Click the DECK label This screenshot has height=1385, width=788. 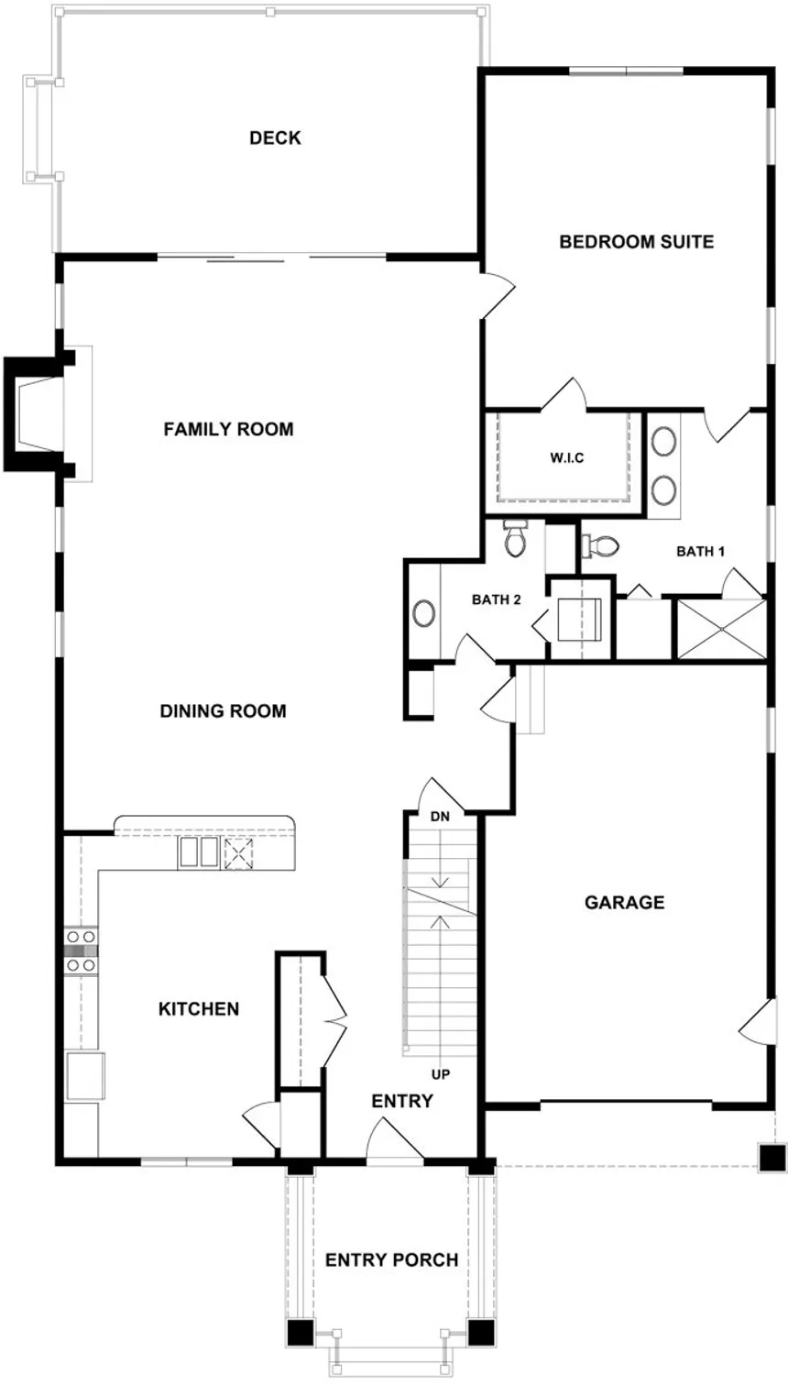[x=275, y=138]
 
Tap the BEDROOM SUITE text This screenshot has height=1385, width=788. [x=636, y=242]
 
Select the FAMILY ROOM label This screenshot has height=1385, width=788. [x=228, y=429]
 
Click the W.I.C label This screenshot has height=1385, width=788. [x=567, y=457]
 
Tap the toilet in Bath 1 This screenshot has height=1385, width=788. [x=600, y=546]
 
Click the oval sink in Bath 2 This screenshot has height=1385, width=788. [x=424, y=613]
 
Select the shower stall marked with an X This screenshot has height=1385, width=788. [x=719, y=628]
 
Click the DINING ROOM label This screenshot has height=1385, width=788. [x=223, y=711]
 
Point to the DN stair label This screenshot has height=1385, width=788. [x=441, y=816]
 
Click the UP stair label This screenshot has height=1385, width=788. [x=441, y=1074]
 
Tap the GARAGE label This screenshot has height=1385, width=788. [x=625, y=903]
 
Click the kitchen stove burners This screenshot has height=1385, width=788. [x=81, y=951]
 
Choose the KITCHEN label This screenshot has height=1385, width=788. [x=199, y=1009]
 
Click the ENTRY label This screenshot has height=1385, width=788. [x=401, y=1101]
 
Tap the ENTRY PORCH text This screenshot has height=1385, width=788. [x=391, y=1260]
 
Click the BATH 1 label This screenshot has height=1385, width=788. [x=701, y=552]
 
